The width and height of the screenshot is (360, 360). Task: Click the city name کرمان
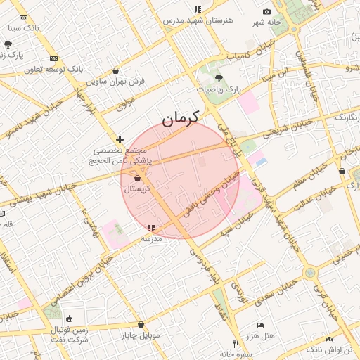[x=181, y=117]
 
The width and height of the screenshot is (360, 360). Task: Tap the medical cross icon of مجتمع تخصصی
[x=120, y=139]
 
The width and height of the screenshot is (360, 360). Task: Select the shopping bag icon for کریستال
[x=136, y=179]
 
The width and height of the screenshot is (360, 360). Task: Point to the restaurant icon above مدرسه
[x=151, y=229]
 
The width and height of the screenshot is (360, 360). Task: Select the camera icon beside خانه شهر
[x=266, y=11]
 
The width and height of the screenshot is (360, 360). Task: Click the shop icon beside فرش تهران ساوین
[x=115, y=70]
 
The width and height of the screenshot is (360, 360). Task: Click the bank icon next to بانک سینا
[x=24, y=18]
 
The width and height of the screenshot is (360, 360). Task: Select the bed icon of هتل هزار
[x=261, y=326]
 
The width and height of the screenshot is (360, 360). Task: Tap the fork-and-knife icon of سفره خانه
[x=236, y=344]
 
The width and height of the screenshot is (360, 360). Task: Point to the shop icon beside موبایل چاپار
[x=141, y=324]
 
